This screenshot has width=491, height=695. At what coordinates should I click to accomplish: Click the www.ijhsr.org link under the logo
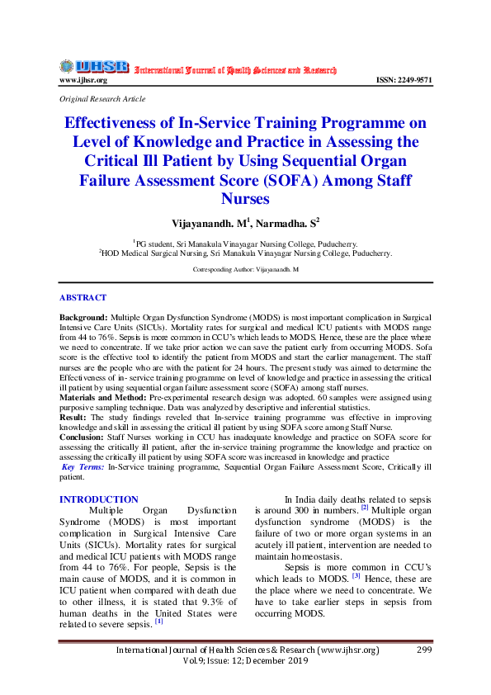tap(83, 80)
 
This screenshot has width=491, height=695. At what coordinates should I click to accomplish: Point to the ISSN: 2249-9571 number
tap(404, 80)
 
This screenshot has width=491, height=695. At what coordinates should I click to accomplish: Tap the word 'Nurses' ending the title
tap(245, 199)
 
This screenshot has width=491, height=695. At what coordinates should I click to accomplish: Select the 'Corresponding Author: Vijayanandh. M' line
tap(245, 270)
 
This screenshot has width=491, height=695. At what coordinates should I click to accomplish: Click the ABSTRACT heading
tap(83, 297)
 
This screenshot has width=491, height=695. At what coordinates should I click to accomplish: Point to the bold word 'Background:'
tap(83, 317)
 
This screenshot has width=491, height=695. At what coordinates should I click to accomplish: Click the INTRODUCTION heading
tap(99, 499)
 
